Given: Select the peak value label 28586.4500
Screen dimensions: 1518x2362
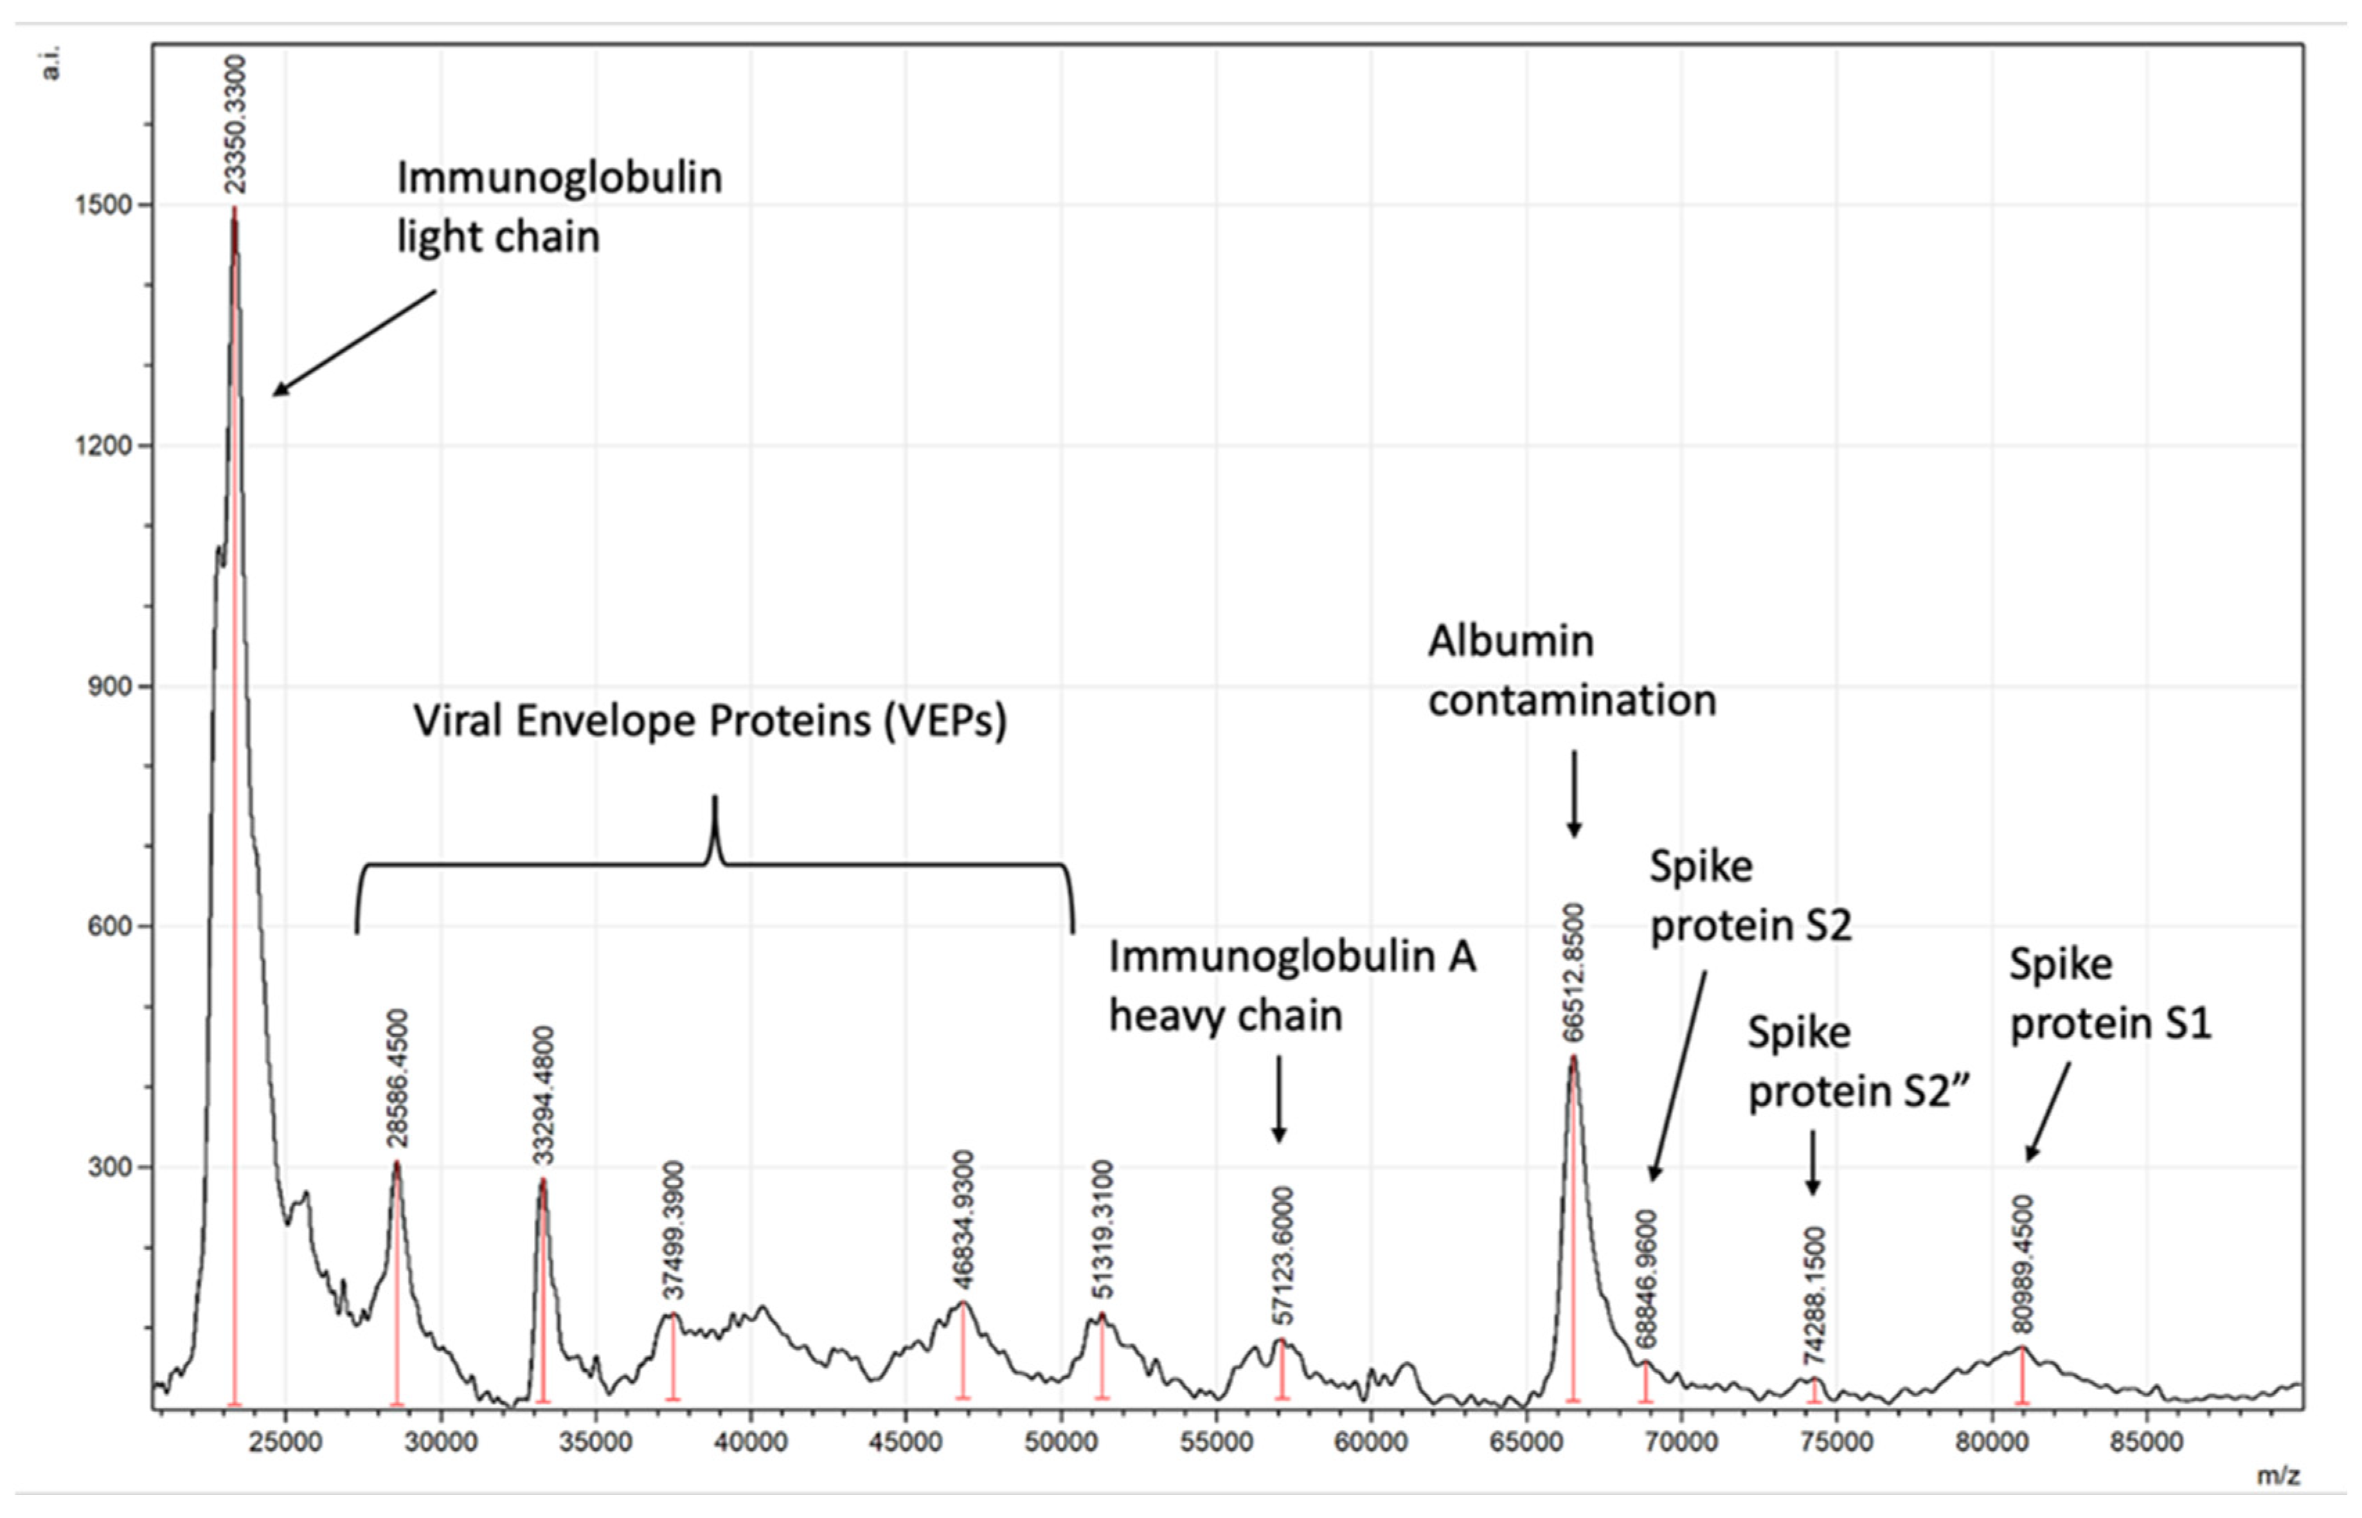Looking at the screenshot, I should click(397, 1078).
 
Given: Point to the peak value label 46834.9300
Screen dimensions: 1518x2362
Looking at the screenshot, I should click(963, 1220).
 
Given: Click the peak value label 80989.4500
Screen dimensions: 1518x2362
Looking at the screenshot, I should click(2023, 1264).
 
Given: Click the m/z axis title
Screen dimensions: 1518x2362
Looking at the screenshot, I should click(2278, 1476).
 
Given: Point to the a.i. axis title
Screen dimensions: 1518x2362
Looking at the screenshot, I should click(51, 62).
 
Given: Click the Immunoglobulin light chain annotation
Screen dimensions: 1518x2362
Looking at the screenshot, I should click(558, 207).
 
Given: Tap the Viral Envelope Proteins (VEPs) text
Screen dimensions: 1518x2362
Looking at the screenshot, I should click(710, 721).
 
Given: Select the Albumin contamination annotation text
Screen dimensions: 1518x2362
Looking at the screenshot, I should click(1571, 670).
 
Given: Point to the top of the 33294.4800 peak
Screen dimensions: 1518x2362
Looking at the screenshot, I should click(542, 1181).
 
